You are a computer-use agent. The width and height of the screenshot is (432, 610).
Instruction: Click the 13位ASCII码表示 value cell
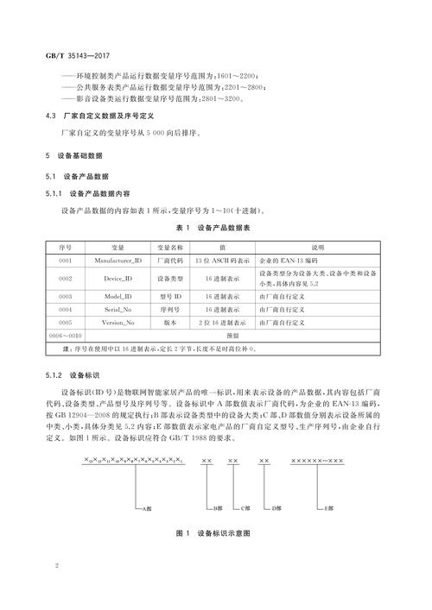[221, 259]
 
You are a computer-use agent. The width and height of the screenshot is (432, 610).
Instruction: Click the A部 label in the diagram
[147, 509]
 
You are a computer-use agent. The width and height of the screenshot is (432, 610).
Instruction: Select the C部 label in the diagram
[244, 509]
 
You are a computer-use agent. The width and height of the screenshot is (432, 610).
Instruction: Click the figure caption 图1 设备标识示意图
[213, 533]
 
